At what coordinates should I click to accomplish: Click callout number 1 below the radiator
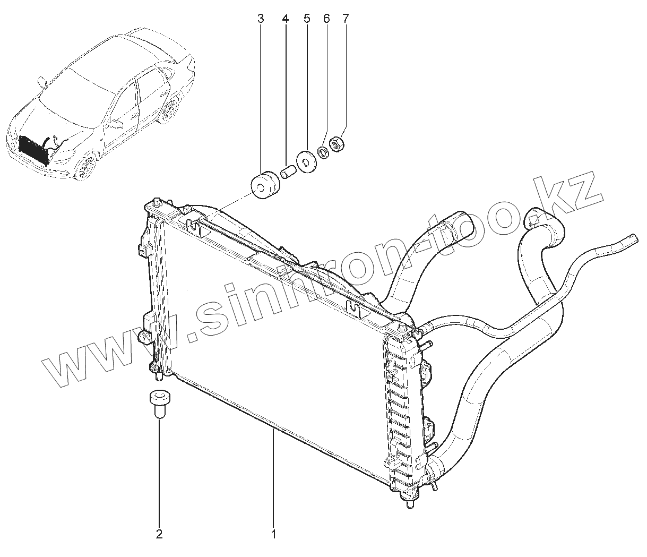click(x=273, y=534)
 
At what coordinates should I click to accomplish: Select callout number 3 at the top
click(x=260, y=19)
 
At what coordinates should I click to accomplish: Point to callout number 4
click(x=286, y=19)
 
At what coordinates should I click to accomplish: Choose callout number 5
click(x=307, y=19)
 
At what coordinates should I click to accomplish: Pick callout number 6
click(x=326, y=19)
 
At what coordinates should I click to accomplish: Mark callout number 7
click(x=346, y=19)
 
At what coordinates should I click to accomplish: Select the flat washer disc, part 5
click(x=306, y=161)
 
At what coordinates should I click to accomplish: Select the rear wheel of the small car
click(x=169, y=112)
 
